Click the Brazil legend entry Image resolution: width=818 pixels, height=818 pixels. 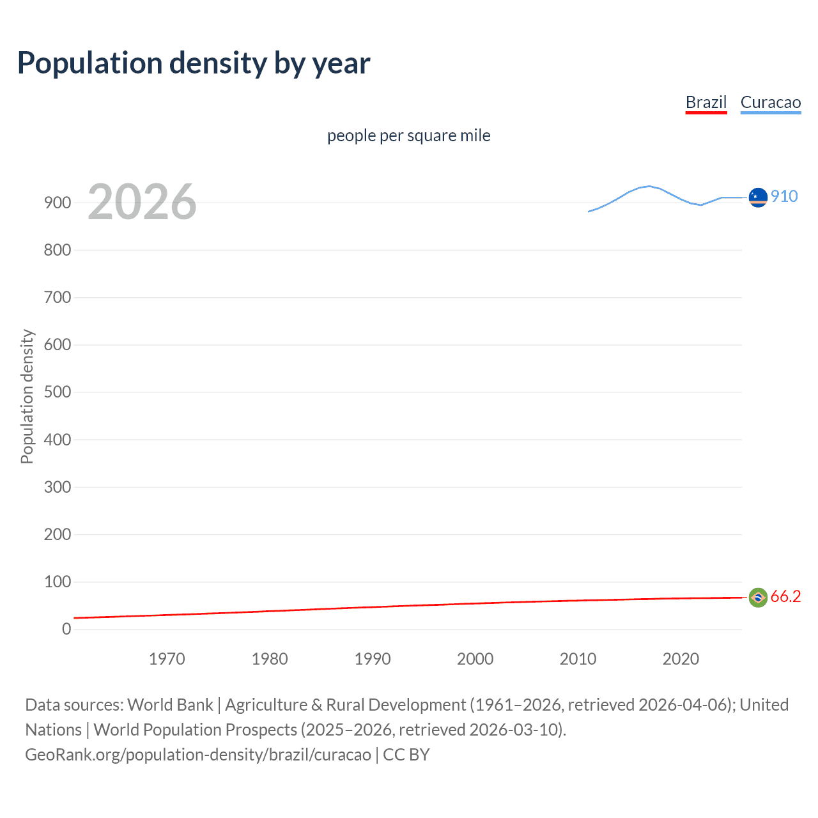pyautogui.click(x=706, y=102)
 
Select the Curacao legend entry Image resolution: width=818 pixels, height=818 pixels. pyautogui.click(x=770, y=102)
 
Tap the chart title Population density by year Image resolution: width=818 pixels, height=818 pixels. pyautogui.click(x=194, y=63)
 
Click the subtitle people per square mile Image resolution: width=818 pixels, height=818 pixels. pyautogui.click(x=408, y=135)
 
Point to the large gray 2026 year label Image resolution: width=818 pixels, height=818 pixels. pyautogui.click(x=142, y=202)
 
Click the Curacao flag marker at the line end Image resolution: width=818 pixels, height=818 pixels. pyautogui.click(x=757, y=197)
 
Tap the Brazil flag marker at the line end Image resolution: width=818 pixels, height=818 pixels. pyautogui.click(x=757, y=598)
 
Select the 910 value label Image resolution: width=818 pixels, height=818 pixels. pyautogui.click(x=784, y=196)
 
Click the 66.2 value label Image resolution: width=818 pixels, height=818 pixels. pyautogui.click(x=785, y=596)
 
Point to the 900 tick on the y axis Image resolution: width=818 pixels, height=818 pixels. pyautogui.click(x=58, y=203)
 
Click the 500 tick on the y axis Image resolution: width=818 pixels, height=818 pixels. pyautogui.click(x=58, y=392)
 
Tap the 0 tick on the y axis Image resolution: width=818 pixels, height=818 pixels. pyautogui.click(x=66, y=629)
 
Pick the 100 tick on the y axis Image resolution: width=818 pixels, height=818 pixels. pyautogui.click(x=58, y=582)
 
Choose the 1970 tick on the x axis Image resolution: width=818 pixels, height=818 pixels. pyautogui.click(x=167, y=659)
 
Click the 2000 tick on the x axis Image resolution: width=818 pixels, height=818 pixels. pyautogui.click(x=475, y=659)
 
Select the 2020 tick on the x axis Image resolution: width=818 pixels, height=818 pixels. pyautogui.click(x=681, y=659)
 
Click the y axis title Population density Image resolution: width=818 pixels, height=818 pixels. pyautogui.click(x=27, y=396)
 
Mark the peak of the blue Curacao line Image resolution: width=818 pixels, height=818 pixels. pyautogui.click(x=649, y=186)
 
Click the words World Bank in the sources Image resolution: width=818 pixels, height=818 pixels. pyautogui.click(x=170, y=704)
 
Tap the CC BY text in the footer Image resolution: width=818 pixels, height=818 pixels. pyautogui.click(x=406, y=754)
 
